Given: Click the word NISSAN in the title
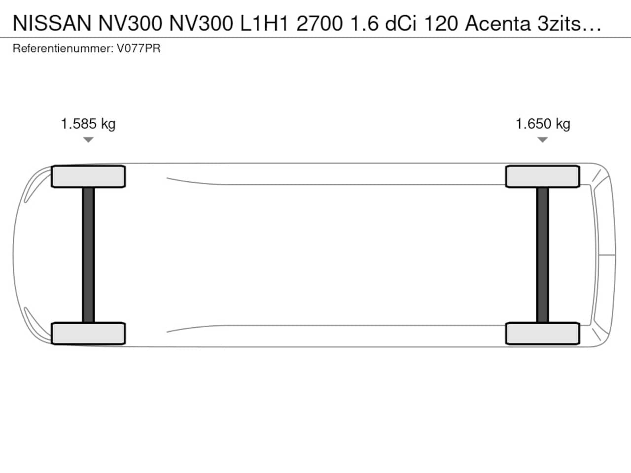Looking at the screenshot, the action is [52, 23].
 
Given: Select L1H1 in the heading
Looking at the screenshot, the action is [264, 23].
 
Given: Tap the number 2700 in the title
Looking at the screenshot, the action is [319, 23].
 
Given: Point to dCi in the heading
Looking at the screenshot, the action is [401, 23].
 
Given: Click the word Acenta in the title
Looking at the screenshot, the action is [497, 23].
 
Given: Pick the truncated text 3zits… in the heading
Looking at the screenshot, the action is [569, 23].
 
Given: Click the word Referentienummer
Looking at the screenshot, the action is [63, 48].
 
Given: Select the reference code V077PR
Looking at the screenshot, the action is [139, 48].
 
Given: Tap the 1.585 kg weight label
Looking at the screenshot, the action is [88, 124].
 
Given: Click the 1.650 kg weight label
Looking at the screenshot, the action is [543, 124].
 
